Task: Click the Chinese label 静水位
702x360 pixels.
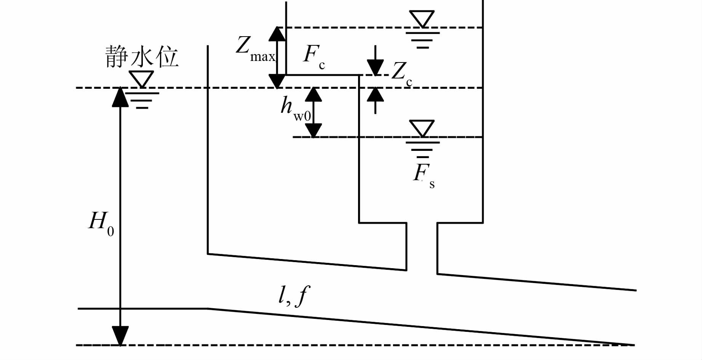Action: coord(142,57)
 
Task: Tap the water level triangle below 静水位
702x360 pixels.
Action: coord(141,79)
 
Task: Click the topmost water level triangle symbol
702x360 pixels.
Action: coord(422,19)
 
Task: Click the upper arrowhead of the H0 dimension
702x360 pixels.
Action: coord(120,97)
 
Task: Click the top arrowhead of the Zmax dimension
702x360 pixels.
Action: coord(277,34)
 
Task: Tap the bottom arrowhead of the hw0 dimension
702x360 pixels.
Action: coord(313,131)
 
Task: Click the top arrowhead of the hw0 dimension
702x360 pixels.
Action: coord(313,94)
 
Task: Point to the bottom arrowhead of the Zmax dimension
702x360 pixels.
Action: coord(277,81)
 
